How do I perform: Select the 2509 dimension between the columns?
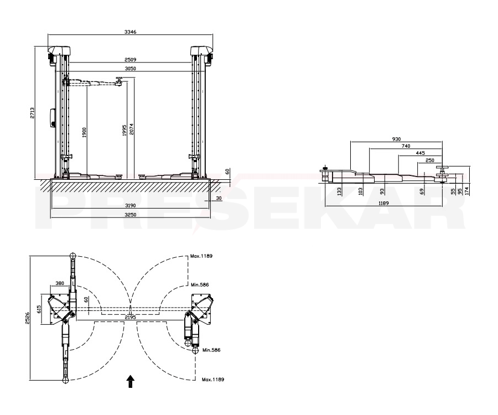tap(130, 59)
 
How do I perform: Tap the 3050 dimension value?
tap(130, 69)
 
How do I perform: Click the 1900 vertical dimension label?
tap(84, 132)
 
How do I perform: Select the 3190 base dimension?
tap(130, 205)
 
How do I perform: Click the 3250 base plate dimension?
tap(130, 214)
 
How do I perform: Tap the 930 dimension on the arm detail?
tap(396, 139)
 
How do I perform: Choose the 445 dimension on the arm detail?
tap(420, 153)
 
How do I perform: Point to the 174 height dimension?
tap(467, 190)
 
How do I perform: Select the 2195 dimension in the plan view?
tap(130, 317)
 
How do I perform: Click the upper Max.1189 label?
tap(201, 256)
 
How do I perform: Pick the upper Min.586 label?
tap(199, 284)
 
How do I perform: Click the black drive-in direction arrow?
tap(130, 381)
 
